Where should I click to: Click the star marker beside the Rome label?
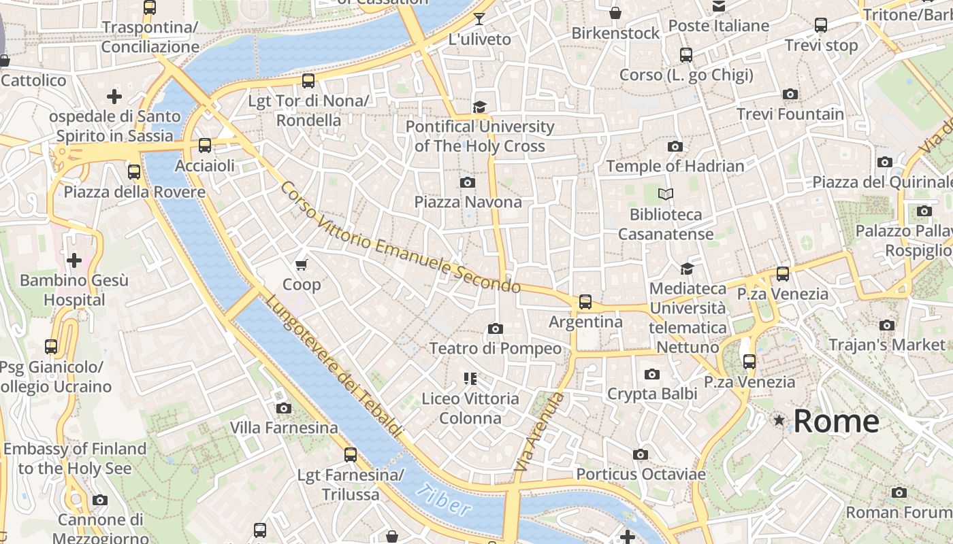pos(779,421)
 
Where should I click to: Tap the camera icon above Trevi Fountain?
pos(790,94)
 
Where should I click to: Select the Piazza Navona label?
pos(468,202)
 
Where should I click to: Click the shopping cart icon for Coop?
pos(302,264)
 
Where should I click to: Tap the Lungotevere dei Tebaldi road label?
pos(334,367)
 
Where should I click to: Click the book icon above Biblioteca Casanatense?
pos(666,194)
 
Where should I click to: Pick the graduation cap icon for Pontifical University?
pos(480,107)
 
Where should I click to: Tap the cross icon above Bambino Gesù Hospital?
pos(74,260)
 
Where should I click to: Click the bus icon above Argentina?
pos(585,301)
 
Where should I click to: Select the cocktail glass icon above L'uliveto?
pos(479,18)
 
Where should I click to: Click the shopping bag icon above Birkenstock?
pos(615,13)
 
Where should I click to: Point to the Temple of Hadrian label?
pos(675,166)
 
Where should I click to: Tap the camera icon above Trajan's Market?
pos(886,325)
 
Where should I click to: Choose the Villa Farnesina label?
pos(284,428)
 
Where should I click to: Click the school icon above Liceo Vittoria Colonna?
pos(470,378)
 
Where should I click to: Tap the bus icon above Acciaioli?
pos(204,145)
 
